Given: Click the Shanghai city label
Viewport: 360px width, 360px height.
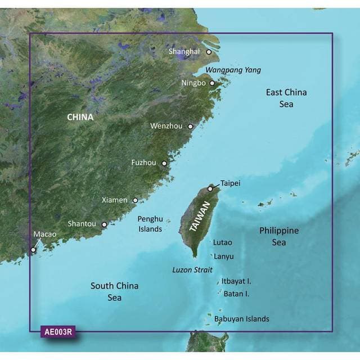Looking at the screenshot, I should [184, 52].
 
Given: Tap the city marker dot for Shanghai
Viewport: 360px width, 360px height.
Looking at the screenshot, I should [209, 52].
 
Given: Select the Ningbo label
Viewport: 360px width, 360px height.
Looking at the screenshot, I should [194, 83].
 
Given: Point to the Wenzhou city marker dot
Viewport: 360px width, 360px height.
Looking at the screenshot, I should [190, 127].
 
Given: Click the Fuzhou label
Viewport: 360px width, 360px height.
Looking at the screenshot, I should [143, 163].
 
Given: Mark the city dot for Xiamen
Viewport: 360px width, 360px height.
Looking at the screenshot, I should [135, 200].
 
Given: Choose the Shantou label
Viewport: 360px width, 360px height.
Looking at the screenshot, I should [82, 224].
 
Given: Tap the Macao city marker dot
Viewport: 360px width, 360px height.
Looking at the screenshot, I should [33, 249].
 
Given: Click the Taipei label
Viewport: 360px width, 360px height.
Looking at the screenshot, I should [231, 183].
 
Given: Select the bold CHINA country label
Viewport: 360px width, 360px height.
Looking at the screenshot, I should [80, 118].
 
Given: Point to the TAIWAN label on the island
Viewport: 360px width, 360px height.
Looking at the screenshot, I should [201, 217].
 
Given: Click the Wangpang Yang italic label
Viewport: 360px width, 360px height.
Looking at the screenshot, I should [233, 70].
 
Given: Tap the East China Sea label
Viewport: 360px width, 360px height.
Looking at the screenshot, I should [286, 98].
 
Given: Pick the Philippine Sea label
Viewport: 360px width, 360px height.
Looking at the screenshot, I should [278, 237].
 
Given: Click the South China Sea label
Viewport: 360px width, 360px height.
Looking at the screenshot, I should [114, 291].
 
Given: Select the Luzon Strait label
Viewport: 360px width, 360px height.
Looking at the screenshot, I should [192, 270].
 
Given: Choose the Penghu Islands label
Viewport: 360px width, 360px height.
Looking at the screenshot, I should [150, 224].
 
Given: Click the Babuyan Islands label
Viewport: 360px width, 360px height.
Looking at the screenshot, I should [242, 319].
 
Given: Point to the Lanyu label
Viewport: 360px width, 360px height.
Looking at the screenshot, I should [223, 256].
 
